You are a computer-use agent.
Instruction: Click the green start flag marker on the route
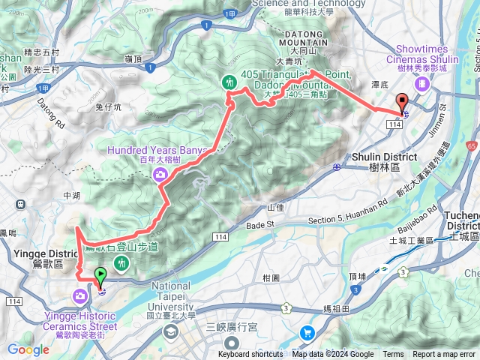(x=100, y=276)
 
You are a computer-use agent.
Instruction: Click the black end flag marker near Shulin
(x=401, y=103)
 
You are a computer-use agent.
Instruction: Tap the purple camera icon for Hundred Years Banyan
(x=160, y=175)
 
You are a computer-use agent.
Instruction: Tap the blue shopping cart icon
(x=307, y=331)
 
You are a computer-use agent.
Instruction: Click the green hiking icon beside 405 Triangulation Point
(x=228, y=82)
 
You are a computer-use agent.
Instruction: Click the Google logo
(x=28, y=349)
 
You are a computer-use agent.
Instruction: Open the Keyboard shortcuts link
(x=251, y=355)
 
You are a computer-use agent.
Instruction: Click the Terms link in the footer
(x=393, y=355)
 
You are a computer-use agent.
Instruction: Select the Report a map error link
(x=444, y=355)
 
